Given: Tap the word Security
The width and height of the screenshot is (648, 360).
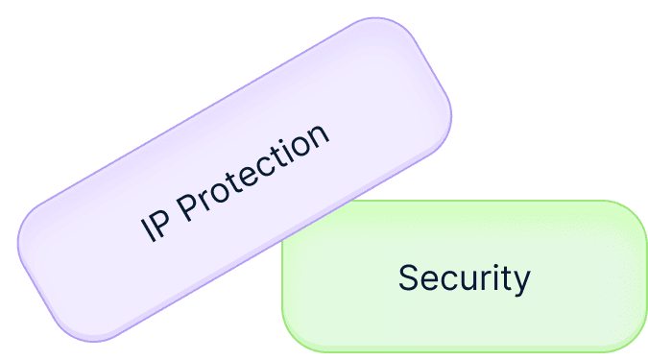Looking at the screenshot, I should click(464, 278).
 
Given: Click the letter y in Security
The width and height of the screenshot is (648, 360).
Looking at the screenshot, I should click(521, 282).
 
